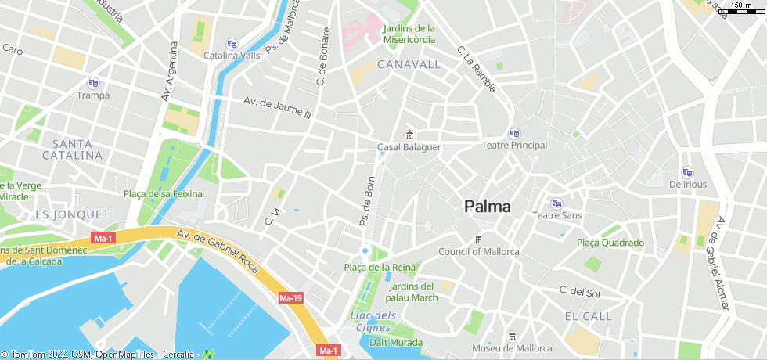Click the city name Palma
(487, 207)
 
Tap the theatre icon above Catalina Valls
(231, 44)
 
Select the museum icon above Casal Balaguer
(409, 135)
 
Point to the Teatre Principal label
(513, 146)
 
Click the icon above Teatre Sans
(556, 203)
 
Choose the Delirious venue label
(687, 185)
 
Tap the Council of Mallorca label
(478, 252)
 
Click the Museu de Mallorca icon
(511, 337)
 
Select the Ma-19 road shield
(290, 298)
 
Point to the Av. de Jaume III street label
(277, 108)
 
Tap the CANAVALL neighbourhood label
(409, 64)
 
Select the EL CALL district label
(588, 316)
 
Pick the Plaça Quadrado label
(610, 243)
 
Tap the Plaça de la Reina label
(380, 268)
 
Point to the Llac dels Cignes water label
(373, 322)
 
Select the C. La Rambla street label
(476, 70)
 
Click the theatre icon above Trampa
(93, 83)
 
